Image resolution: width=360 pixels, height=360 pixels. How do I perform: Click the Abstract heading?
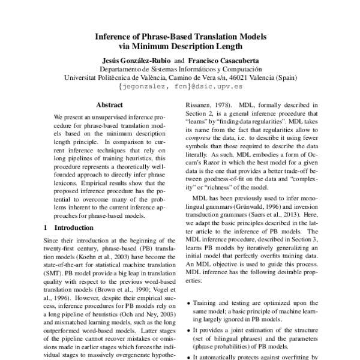tap(109, 104)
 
